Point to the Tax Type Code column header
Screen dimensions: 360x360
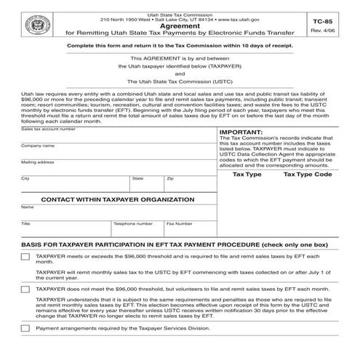click(x=308, y=175)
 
